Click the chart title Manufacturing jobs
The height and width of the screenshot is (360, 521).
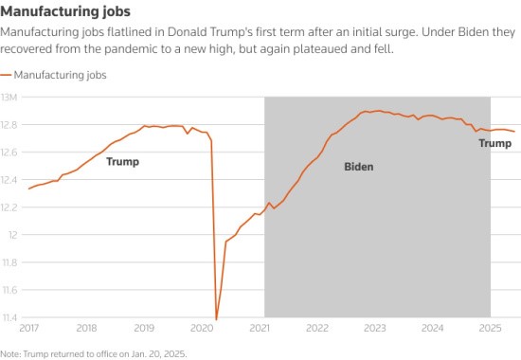(x=65, y=11)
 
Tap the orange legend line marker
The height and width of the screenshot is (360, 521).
(x=8, y=74)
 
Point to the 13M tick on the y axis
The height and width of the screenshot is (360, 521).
(x=11, y=97)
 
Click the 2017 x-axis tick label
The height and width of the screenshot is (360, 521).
(x=28, y=329)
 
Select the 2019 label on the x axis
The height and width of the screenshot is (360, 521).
(x=144, y=329)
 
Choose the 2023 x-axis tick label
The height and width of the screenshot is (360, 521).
(x=375, y=329)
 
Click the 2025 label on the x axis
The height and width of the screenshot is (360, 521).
(x=491, y=329)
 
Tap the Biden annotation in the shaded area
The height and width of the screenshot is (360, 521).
(x=358, y=167)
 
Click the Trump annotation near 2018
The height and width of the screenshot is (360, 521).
(x=122, y=162)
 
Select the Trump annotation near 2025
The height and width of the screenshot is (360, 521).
(x=494, y=144)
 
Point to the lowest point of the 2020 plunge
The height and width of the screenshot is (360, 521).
(x=216, y=319)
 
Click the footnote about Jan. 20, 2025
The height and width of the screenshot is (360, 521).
(x=94, y=352)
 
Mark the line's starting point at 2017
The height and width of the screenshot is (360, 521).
(x=28, y=189)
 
